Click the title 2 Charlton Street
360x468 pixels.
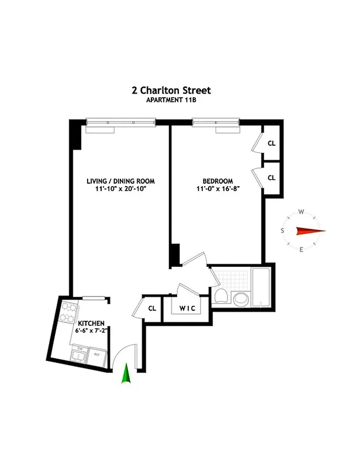(171, 91)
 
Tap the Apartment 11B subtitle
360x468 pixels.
(171, 100)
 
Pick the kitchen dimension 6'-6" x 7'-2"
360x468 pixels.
(92, 331)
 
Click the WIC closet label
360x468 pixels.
(186, 308)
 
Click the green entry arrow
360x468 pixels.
(125, 374)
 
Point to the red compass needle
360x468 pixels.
(309, 231)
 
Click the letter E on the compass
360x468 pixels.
(301, 250)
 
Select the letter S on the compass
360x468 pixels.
(283, 231)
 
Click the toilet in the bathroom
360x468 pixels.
(221, 297)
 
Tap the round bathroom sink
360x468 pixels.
(240, 300)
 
